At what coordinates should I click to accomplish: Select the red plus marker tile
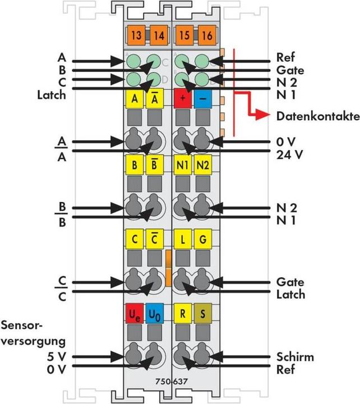pyautogui.click(x=183, y=99)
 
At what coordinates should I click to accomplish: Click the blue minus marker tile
pyautogui.click(x=204, y=99)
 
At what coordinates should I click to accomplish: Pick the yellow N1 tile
pyautogui.click(x=183, y=166)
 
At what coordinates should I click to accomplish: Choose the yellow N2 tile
pyautogui.click(x=204, y=166)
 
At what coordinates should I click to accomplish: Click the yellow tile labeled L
pyautogui.click(x=183, y=240)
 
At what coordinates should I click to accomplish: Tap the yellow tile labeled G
pyautogui.click(x=204, y=240)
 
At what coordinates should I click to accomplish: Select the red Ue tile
pyautogui.click(x=134, y=313)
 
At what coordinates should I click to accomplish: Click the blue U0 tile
pyautogui.click(x=154, y=313)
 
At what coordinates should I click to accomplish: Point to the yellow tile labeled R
pyautogui.click(x=183, y=313)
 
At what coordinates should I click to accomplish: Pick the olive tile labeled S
pyautogui.click(x=204, y=313)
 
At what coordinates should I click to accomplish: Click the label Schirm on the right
pyautogui.click(x=295, y=357)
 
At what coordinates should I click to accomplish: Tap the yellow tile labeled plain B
pyautogui.click(x=134, y=166)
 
